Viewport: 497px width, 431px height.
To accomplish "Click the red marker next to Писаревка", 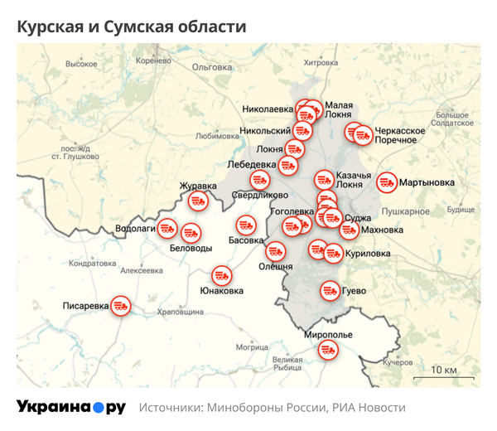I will click(121, 306).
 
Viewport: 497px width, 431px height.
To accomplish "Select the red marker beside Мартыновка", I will click(386, 182).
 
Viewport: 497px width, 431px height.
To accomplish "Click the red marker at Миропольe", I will click(328, 351).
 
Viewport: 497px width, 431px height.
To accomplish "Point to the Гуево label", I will click(355, 292).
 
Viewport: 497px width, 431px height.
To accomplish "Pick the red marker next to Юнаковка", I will click(221, 275).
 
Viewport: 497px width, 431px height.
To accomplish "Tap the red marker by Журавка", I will click(198, 201).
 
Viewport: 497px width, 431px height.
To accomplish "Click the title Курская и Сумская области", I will click(132, 27).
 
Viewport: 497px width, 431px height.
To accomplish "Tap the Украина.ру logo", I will click(70, 407).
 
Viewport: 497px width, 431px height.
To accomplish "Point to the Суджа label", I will click(358, 219).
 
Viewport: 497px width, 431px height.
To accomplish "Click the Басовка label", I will click(245, 240).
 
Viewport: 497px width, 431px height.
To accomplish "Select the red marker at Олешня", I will click(275, 250).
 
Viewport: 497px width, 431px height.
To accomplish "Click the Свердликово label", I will click(259, 196).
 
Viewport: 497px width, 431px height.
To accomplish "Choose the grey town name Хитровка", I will click(321, 62).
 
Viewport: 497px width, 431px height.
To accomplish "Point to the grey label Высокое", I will click(81, 64).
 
